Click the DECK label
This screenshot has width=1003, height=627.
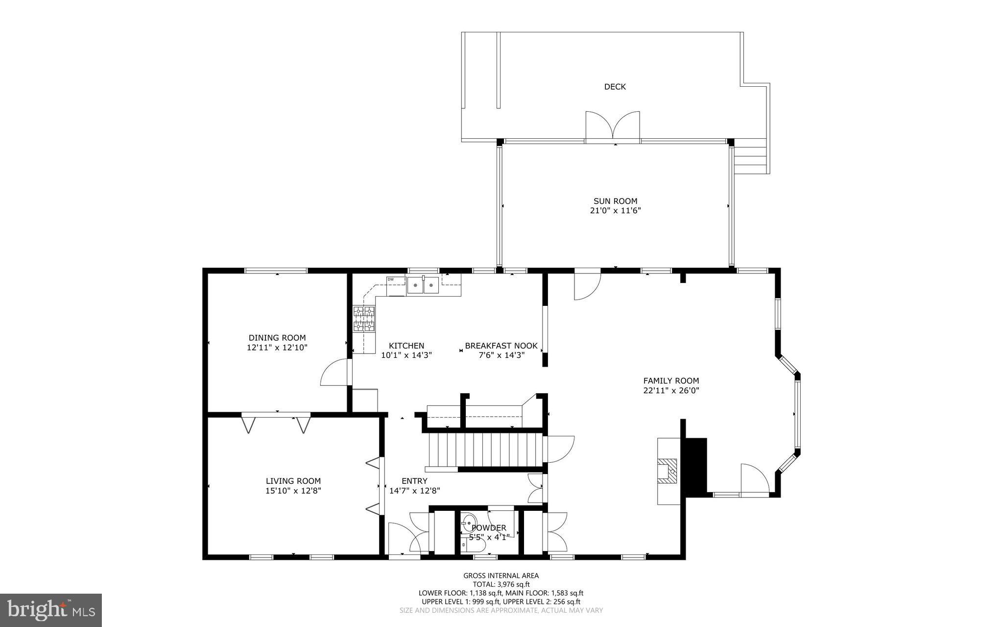[615, 87]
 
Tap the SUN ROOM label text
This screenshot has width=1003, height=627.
[615, 201]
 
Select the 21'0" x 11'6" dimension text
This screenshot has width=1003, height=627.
[615, 211]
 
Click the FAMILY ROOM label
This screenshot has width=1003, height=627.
[671, 381]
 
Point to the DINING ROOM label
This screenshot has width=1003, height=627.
[277, 338]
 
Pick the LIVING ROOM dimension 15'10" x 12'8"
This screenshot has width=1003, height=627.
[293, 491]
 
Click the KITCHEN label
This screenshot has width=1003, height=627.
[406, 346]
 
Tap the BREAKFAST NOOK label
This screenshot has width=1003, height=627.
[501, 346]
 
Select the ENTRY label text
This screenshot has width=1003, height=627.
[414, 481]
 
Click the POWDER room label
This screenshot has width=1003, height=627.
[488, 528]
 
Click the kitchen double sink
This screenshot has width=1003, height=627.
[423, 285]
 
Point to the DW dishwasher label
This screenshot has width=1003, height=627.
[390, 279]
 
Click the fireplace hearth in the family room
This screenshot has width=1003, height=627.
[668, 471]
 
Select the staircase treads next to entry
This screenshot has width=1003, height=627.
[485, 450]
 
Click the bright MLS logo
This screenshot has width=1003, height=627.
[51, 609]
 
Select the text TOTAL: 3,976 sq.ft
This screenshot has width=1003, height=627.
[501, 584]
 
